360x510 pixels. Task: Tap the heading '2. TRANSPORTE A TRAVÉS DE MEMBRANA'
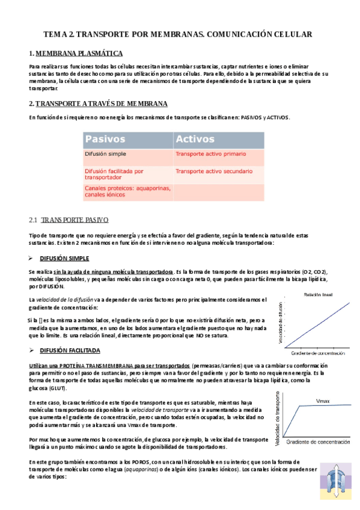point(98,103)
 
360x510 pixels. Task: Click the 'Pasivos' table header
point(105,140)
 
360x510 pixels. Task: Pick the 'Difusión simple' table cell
point(105,155)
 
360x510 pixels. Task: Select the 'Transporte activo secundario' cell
point(213,171)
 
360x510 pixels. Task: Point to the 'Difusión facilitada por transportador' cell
point(114,174)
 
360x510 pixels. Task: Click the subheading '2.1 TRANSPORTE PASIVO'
point(69,220)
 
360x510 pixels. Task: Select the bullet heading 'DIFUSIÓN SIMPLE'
point(64,258)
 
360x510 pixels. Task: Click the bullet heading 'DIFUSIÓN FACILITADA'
point(70,350)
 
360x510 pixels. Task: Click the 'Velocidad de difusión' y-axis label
point(280,322)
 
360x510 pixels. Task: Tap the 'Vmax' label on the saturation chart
point(323,400)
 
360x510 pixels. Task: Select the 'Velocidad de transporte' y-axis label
point(278,419)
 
